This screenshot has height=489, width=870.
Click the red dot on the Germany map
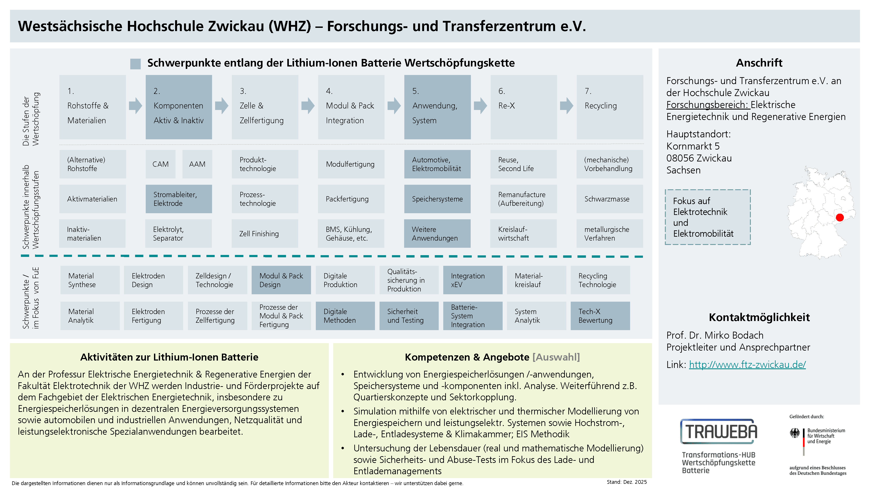click(840, 218)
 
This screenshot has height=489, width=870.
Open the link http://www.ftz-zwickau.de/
click(747, 364)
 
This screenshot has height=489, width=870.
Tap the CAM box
click(161, 164)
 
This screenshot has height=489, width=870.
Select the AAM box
click(197, 164)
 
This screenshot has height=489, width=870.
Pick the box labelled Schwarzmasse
click(610, 199)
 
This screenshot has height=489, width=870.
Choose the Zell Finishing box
click(265, 234)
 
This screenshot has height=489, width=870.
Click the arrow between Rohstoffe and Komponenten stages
click(136, 106)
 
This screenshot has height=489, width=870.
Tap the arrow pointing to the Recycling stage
click(566, 106)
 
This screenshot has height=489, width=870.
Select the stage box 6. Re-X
click(524, 107)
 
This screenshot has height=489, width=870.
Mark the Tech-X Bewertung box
click(600, 316)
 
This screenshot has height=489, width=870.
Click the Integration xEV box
click(472, 280)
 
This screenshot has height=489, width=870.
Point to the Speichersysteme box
click(437, 199)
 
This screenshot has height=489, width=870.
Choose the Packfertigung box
click(351, 199)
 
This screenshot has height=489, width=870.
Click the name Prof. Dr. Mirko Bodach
click(715, 335)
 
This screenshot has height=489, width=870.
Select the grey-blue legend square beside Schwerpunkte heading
click(136, 64)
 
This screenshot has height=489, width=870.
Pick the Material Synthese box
click(90, 280)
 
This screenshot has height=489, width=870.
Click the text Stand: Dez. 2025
click(626, 482)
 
